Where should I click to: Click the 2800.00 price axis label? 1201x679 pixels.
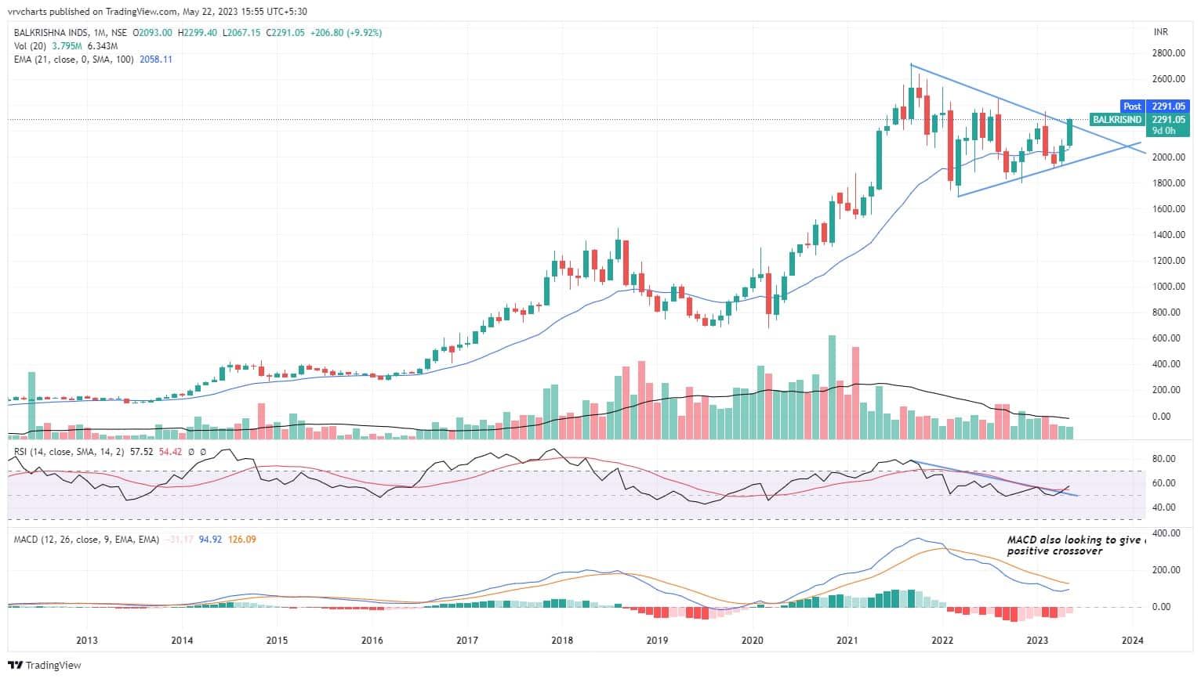[x=1168, y=53]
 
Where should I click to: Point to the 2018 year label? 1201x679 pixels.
[x=562, y=640]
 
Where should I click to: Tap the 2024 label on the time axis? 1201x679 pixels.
[x=1132, y=640]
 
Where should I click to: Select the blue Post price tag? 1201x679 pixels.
[x=1132, y=107]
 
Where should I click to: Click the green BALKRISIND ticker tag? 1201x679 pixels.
[x=1116, y=120]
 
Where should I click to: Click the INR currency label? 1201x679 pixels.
[x=1161, y=32]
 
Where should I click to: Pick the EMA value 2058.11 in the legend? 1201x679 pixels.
[x=156, y=60]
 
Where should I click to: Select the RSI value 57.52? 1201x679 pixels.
[x=141, y=452]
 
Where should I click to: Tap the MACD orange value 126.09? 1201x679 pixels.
[x=242, y=540]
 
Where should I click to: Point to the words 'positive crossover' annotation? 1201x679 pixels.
[x=1054, y=551]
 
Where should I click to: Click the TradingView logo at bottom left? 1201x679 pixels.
[x=44, y=666]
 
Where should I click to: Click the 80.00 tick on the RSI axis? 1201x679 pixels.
[x=1165, y=458]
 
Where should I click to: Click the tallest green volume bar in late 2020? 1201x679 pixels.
[x=832, y=385]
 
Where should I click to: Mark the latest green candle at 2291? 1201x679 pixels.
[x=1069, y=132]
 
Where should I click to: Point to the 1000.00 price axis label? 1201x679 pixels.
[x=1168, y=287]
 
